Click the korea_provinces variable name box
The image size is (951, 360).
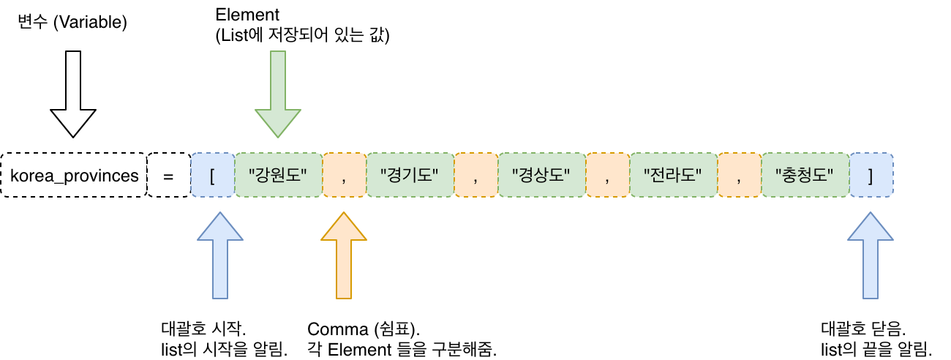(x=74, y=176)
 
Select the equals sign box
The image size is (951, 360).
(x=168, y=176)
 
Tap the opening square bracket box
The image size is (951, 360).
(x=212, y=176)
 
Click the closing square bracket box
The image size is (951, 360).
(x=871, y=176)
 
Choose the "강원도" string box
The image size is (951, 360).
(x=278, y=176)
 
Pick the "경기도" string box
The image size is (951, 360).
(x=410, y=176)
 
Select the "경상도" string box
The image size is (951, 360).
(x=541, y=176)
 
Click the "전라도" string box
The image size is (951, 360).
(x=673, y=176)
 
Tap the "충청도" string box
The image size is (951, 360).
(x=805, y=176)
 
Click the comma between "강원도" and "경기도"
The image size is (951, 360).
(x=344, y=176)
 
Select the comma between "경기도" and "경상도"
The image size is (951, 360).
(x=475, y=176)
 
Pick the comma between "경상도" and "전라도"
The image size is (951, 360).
(x=607, y=176)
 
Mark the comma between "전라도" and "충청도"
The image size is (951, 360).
(x=739, y=176)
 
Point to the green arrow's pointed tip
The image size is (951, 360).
(x=278, y=135)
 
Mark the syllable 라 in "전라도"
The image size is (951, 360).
(x=673, y=176)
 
